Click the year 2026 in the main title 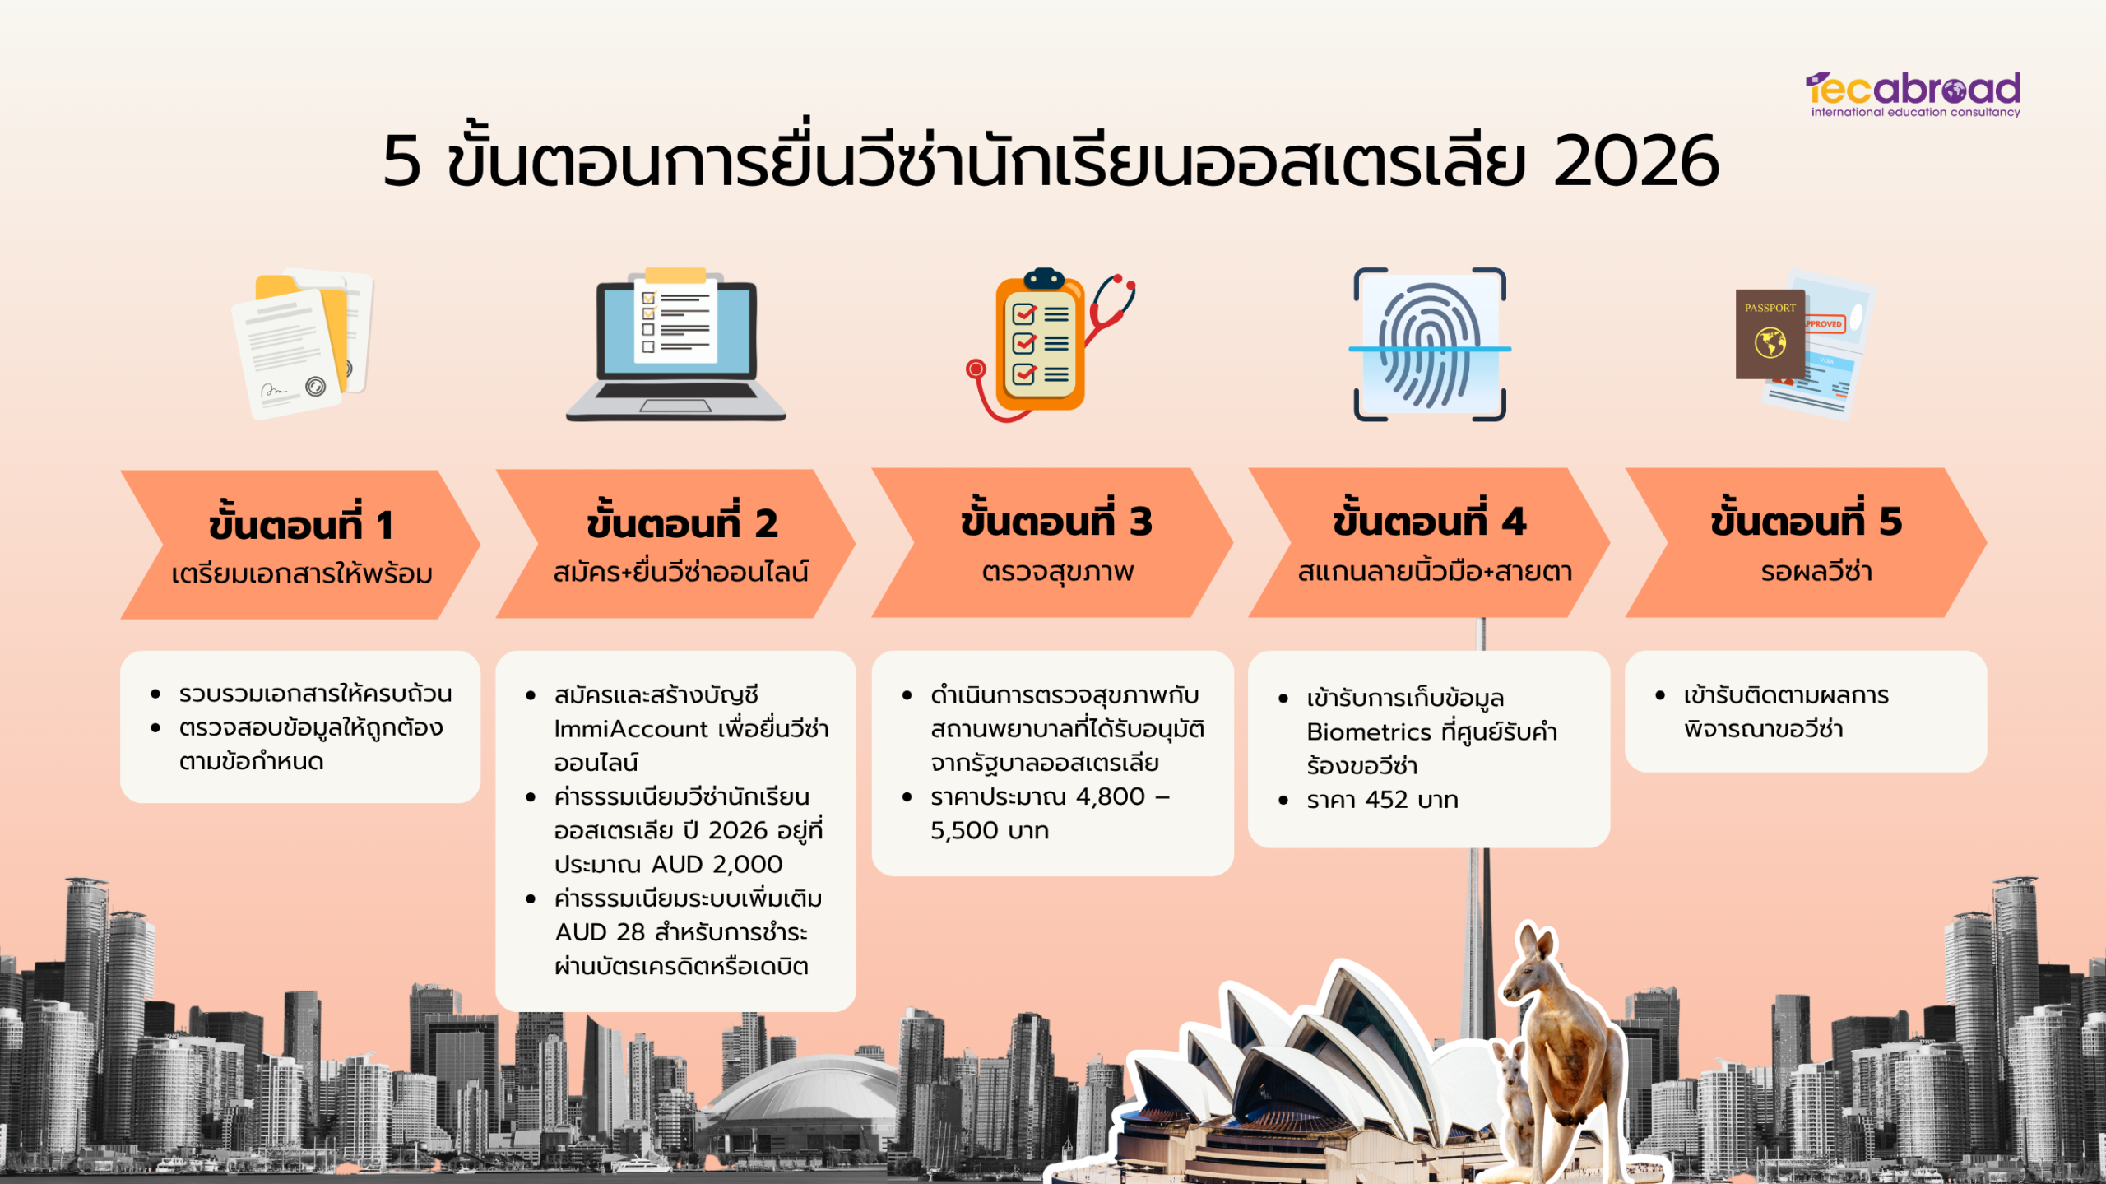tap(1636, 161)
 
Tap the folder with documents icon tap(303, 344)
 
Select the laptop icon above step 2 tap(675, 344)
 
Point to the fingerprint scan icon tap(1430, 345)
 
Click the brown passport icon tap(1770, 334)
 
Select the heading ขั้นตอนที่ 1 tap(301, 524)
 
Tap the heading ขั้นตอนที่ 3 tap(1056, 520)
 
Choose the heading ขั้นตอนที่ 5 tap(1807, 520)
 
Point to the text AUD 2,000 tap(717, 864)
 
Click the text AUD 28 tap(600, 932)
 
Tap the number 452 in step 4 tap(1386, 800)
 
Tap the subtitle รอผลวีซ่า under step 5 tap(1816, 571)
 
